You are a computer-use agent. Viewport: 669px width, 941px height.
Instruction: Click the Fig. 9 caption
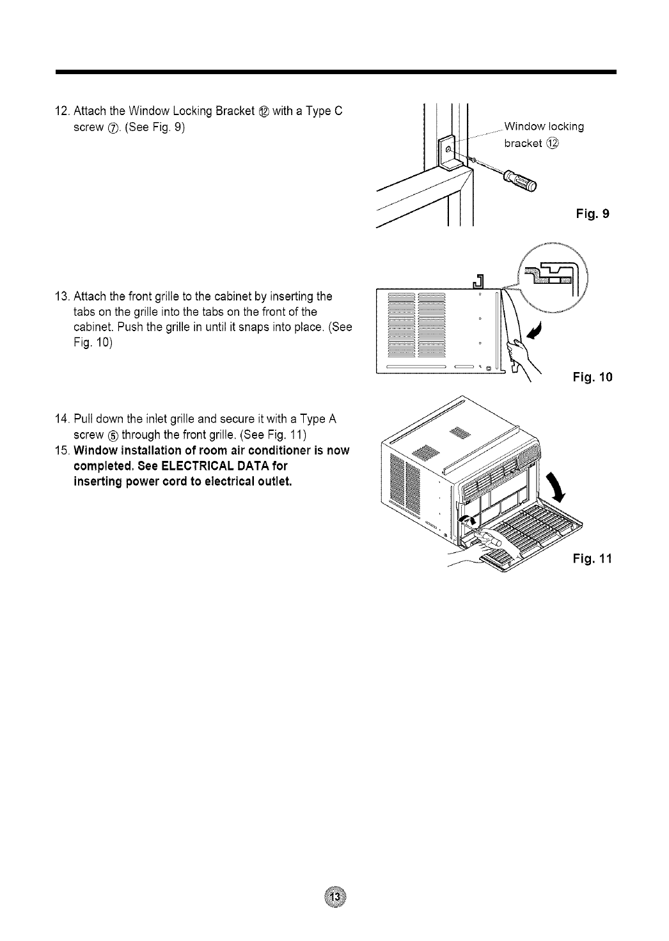click(592, 214)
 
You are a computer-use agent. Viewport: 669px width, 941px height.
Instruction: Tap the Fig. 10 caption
click(592, 377)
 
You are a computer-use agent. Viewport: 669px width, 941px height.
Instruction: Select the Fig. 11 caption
click(592, 559)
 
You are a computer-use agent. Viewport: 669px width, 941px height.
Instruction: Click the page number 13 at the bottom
click(334, 897)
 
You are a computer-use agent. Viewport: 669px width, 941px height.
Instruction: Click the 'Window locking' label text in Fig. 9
click(544, 126)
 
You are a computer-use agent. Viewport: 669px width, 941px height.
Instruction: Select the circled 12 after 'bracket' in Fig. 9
click(553, 143)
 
